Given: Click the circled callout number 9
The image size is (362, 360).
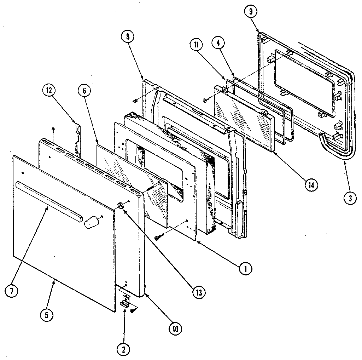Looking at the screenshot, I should [x=250, y=12].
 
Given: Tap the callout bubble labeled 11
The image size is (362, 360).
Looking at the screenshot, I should [x=196, y=45].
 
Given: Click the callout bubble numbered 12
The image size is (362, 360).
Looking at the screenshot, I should [x=48, y=91].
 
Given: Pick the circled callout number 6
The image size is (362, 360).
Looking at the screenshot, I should [x=84, y=91].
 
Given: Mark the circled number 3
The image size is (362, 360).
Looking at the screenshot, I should [x=349, y=198].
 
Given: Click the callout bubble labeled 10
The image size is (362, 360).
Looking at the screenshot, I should [x=175, y=328].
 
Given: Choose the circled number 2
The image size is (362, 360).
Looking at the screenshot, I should [x=123, y=350].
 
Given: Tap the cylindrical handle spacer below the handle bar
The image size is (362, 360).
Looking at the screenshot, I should [x=91, y=223].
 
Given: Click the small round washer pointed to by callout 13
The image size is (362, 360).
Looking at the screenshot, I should [x=121, y=206].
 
